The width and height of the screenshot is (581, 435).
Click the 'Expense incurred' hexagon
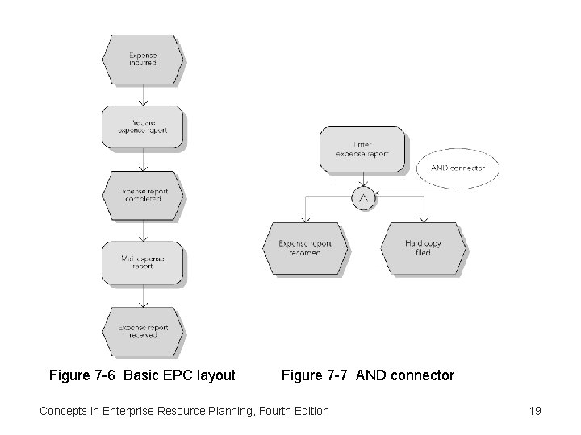click(143, 60)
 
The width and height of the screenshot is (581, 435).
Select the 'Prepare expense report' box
click(143, 126)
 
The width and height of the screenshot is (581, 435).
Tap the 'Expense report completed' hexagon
click(143, 195)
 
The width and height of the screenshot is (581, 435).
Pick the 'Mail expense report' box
click(143, 262)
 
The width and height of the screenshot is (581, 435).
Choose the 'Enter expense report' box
click(363, 150)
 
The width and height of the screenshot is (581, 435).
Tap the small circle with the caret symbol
click(364, 197)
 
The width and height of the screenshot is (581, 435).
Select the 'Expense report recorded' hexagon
click(305, 249)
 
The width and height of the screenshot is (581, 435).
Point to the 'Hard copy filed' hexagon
click(424, 249)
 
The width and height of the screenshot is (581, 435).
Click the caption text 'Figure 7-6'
click(80, 375)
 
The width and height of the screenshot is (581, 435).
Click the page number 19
click(534, 411)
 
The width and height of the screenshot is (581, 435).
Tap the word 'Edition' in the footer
click(307, 411)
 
